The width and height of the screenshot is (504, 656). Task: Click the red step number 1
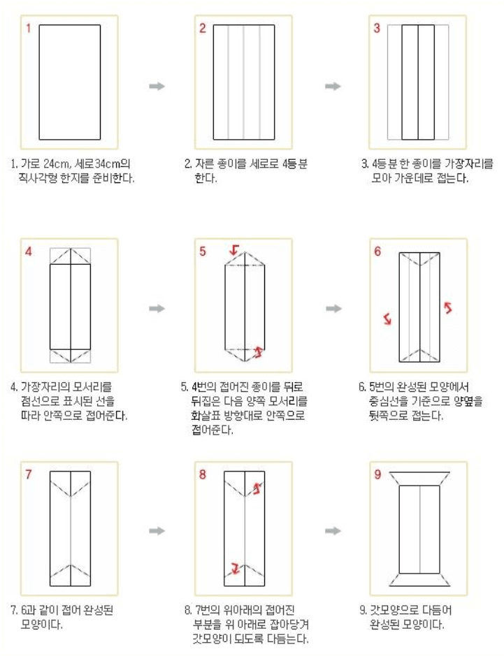click(x=29, y=29)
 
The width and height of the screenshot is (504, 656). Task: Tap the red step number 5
click(x=203, y=252)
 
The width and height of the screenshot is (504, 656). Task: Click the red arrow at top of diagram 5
click(x=233, y=249)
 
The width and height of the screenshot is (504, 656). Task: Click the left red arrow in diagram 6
click(x=387, y=319)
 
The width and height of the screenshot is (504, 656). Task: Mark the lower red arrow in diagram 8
click(x=235, y=568)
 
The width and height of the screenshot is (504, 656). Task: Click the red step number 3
click(x=377, y=29)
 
